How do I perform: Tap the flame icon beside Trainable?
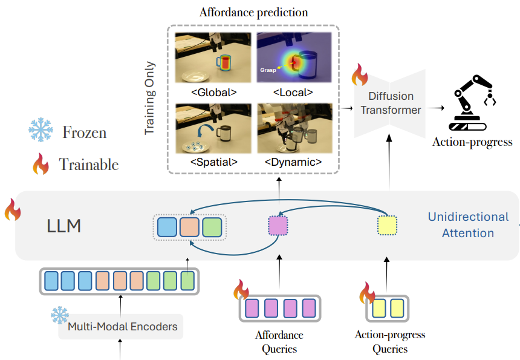click(x=41, y=164)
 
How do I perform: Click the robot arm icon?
click(x=472, y=103)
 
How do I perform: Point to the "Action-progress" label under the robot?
click(x=472, y=142)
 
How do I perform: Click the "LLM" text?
click(x=65, y=227)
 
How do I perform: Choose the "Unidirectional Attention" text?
click(x=468, y=224)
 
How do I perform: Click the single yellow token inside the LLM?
click(x=387, y=226)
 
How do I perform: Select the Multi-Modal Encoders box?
click(x=123, y=327)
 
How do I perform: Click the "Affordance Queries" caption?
click(x=279, y=342)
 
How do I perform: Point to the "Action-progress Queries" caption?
click(x=389, y=342)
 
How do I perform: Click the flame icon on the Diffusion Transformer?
click(x=360, y=76)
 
